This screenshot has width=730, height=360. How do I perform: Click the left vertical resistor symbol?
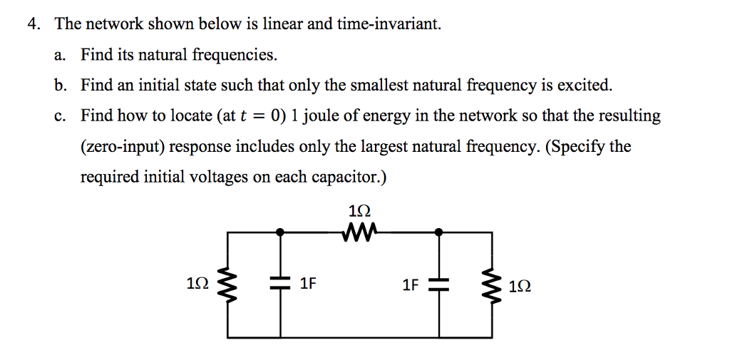click(228, 284)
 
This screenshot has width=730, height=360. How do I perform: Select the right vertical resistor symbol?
click(491, 285)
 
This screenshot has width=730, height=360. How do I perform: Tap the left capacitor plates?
click(281, 284)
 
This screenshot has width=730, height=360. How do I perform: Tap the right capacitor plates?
click(439, 284)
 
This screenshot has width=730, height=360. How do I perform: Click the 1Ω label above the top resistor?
click(360, 211)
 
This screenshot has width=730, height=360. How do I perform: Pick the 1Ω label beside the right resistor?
click(520, 286)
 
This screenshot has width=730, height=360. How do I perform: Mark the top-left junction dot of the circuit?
click(281, 232)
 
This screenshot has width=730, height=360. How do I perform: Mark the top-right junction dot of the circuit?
click(438, 232)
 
